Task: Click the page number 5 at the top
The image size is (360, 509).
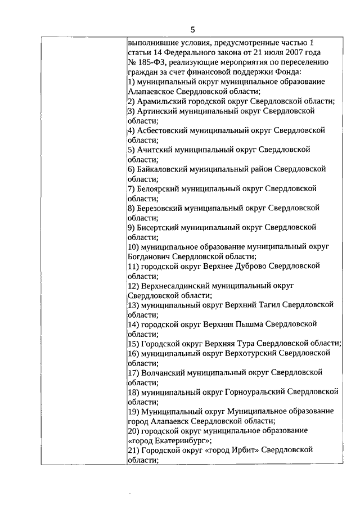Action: click(x=192, y=30)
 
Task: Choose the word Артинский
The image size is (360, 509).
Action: click(x=154, y=111)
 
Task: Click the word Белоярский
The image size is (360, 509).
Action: click(x=158, y=188)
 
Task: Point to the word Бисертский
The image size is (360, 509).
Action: click(x=157, y=227)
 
